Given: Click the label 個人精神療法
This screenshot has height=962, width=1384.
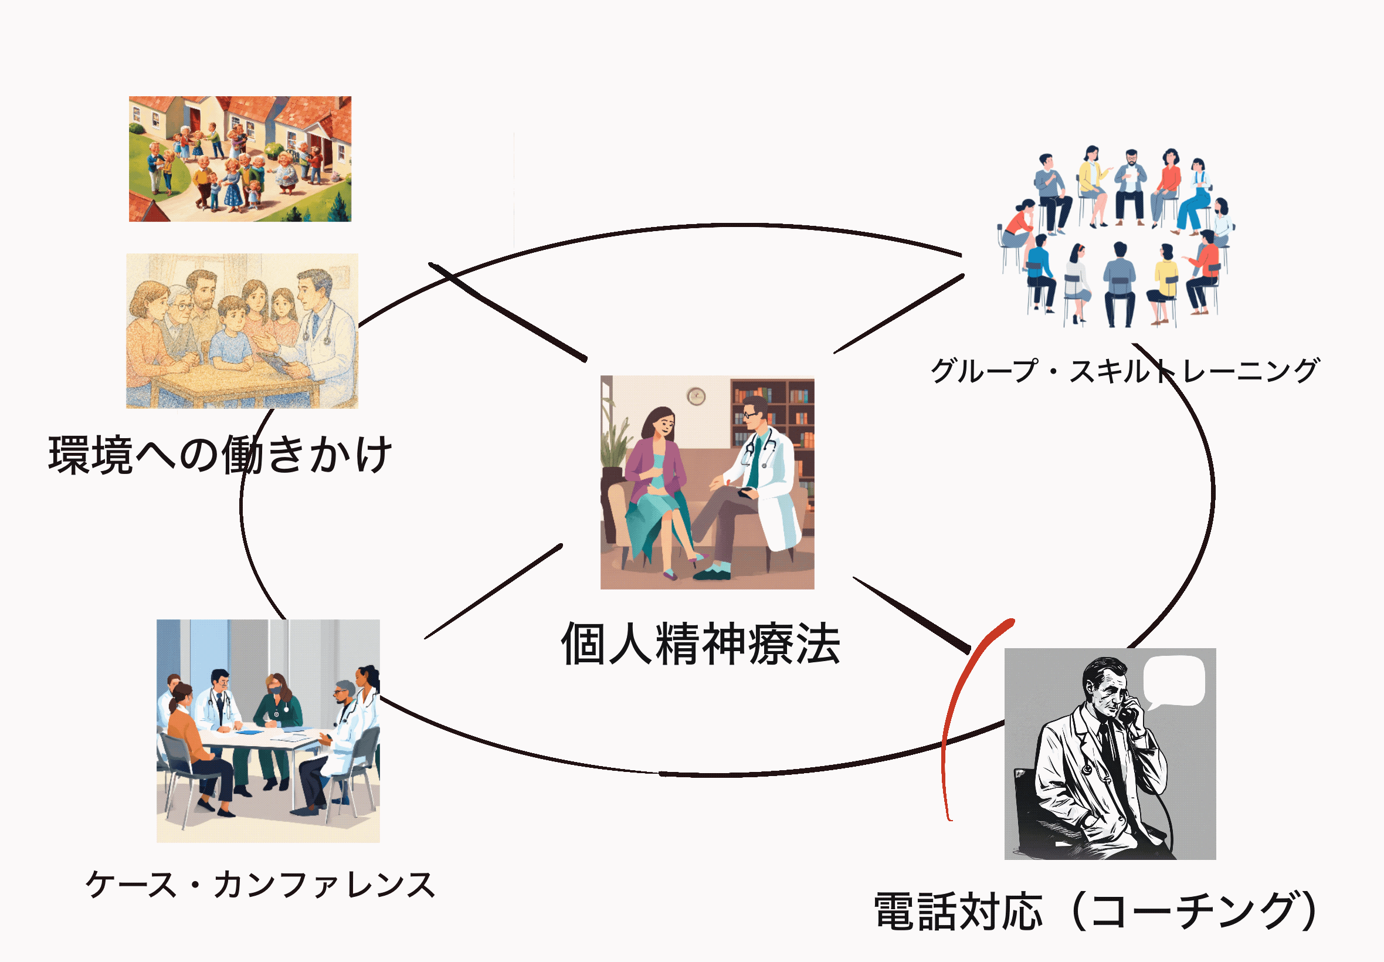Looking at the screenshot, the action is (700, 644).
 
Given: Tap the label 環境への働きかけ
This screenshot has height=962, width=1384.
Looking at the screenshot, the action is (221, 455).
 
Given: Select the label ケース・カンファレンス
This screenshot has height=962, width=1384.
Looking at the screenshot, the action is (260, 885).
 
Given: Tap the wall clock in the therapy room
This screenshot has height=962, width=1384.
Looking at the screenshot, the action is (696, 396).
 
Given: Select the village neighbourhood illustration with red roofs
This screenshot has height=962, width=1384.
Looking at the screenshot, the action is (240, 158).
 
